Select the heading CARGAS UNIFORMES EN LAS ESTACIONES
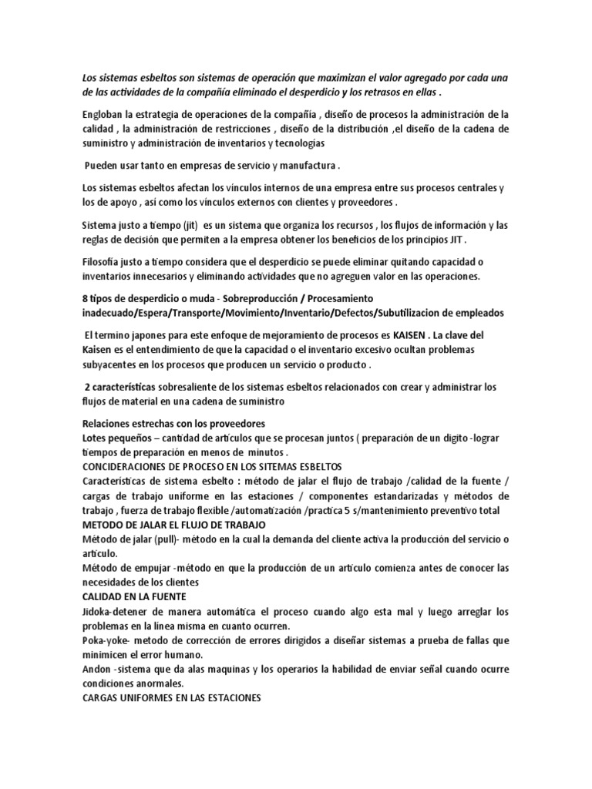tap(172, 699)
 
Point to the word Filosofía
tap(103, 261)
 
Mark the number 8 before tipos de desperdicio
tap(84, 298)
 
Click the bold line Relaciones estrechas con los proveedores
tap(173, 424)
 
